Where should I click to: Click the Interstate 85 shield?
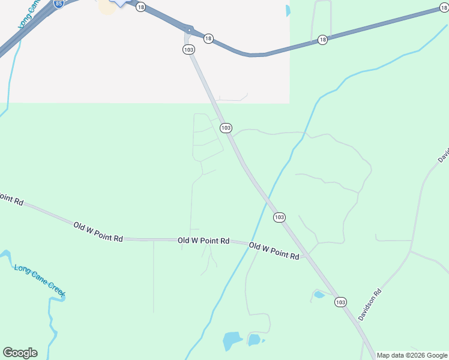coord(58,4)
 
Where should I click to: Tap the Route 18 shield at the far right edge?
coord(444,8)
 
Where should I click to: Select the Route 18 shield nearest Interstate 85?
coord(140,7)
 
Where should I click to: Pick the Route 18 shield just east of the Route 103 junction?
coord(208,38)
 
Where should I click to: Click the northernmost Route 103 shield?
coord(188,50)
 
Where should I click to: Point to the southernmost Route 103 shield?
coord(341,302)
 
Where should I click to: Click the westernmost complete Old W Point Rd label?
coord(98,231)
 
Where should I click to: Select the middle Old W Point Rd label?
coord(203,241)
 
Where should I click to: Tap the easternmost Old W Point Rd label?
coord(274,251)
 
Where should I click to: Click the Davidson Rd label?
coord(370,305)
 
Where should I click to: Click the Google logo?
coord(20,353)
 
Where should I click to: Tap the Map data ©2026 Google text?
coord(412,355)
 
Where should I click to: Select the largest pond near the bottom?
coord(232,340)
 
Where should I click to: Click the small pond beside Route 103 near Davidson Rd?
coord(319,295)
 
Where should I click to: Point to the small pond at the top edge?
coord(288,10)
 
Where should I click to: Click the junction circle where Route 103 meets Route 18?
coord(189,30)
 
